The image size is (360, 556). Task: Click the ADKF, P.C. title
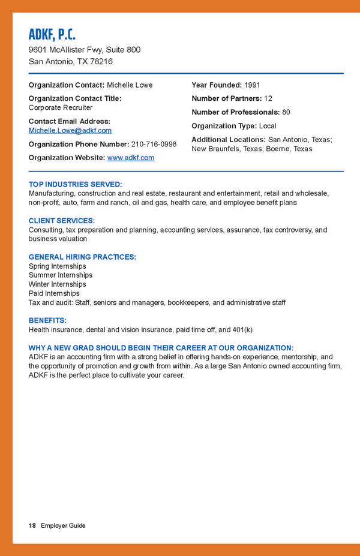52,34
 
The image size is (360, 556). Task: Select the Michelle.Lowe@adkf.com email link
70,130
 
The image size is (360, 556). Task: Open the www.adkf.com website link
131,158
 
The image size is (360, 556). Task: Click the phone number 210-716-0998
154,144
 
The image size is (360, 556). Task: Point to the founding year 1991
252,85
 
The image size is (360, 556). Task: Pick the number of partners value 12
268,98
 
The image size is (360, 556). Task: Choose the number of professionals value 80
286,112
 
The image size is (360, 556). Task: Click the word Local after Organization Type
268,126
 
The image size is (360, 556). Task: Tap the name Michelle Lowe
130,85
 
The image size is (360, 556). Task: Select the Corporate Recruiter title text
61,108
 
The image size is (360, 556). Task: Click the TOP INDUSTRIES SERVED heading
76,185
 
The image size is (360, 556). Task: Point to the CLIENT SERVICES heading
62,221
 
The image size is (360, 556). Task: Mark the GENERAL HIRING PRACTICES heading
82,257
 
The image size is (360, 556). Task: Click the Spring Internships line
58,266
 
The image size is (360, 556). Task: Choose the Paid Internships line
54,293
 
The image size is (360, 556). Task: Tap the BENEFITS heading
48,320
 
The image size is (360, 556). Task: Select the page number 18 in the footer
32,525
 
